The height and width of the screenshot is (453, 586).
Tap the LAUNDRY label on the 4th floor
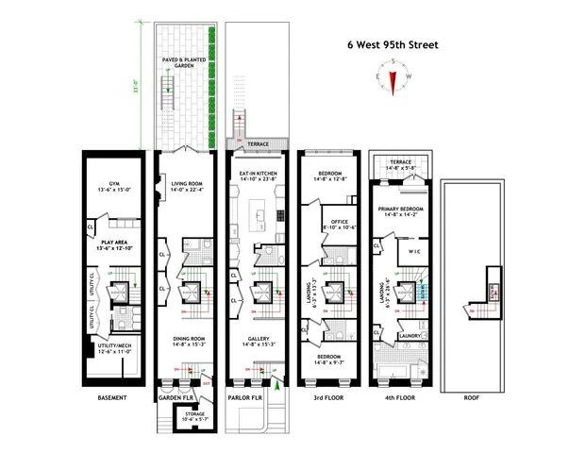point(409,336)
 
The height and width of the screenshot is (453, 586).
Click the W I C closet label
point(412,253)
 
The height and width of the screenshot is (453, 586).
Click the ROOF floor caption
point(471,397)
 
